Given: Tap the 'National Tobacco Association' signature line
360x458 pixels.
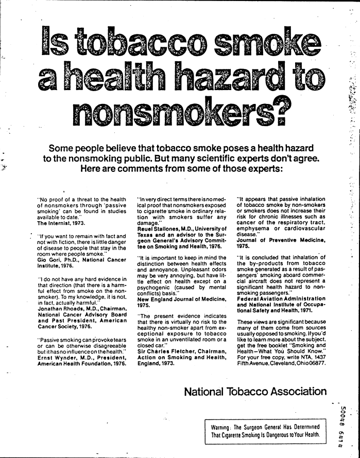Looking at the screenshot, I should click(x=254, y=392).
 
